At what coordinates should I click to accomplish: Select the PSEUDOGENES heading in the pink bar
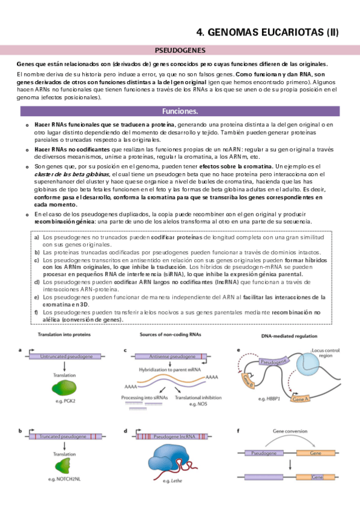click(x=180, y=51)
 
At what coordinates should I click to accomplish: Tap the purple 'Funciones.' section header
click(x=180, y=111)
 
